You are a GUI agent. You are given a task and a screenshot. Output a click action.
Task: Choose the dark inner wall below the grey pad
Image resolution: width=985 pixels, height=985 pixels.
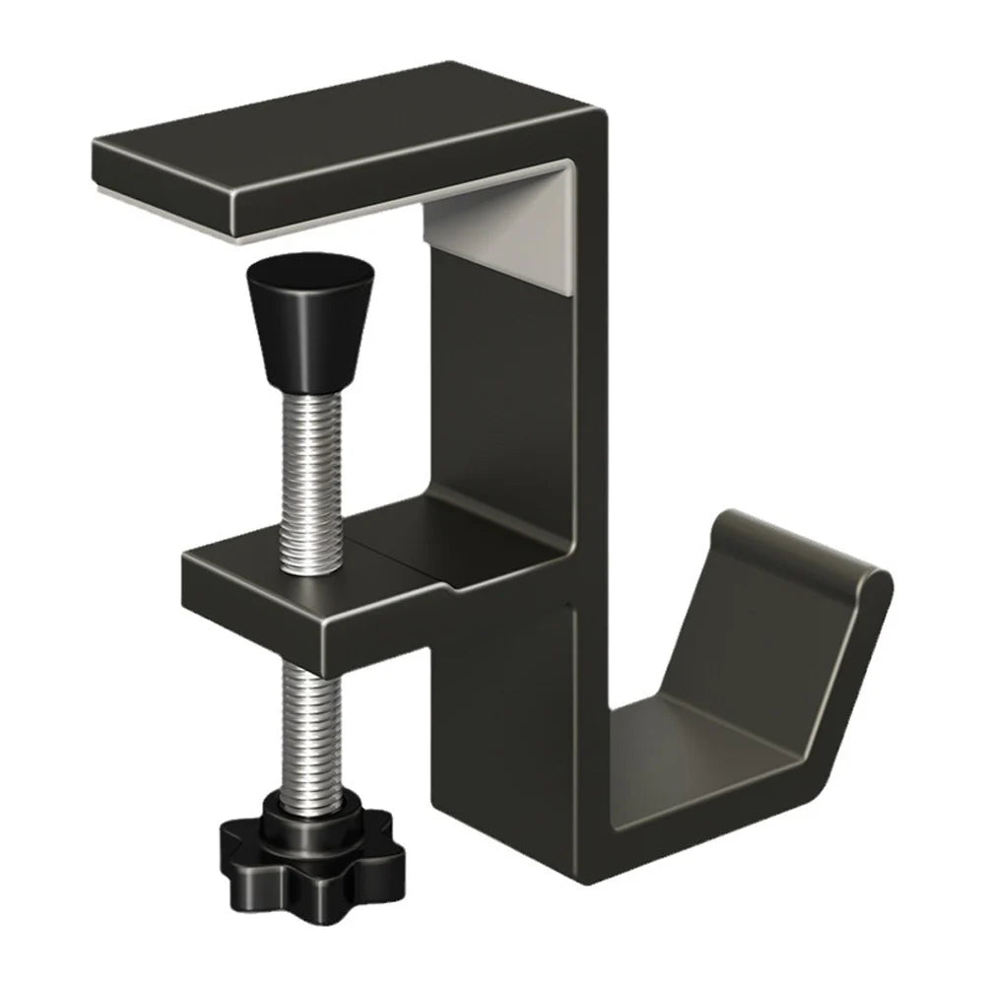502,394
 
